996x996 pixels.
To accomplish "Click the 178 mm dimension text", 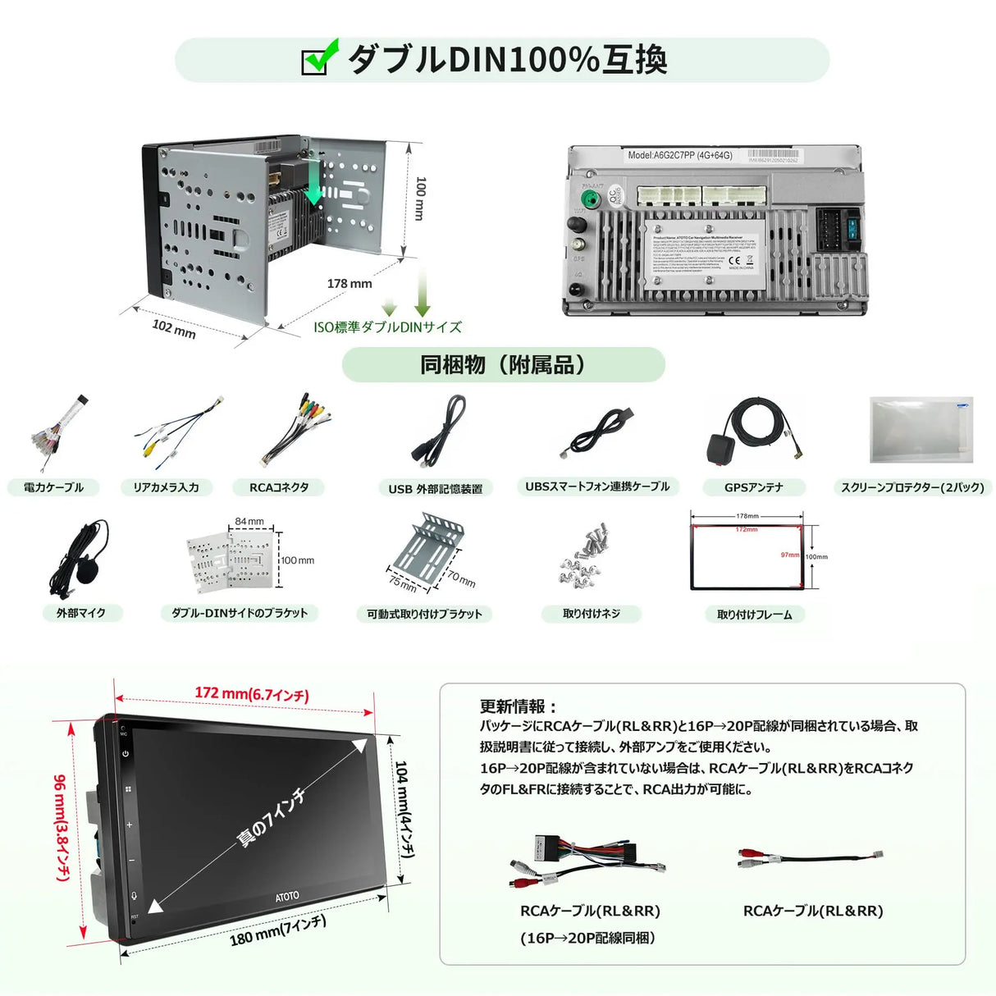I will tap(350, 284).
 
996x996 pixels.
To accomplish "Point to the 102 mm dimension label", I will tap(174, 328).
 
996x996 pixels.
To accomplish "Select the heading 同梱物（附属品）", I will tap(503, 364).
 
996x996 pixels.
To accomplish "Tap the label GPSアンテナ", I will tap(753, 487).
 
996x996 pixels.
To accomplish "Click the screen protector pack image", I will tap(921, 429).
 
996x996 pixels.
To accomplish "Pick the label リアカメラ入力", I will tap(166, 487).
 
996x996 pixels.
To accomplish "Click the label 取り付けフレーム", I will tap(754, 615).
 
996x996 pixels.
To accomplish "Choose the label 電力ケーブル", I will tap(53, 487).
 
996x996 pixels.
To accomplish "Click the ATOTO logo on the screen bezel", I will tap(287, 897).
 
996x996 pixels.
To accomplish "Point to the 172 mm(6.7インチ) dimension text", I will tap(251, 694).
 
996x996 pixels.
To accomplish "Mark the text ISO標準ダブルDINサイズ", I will tap(387, 327).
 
